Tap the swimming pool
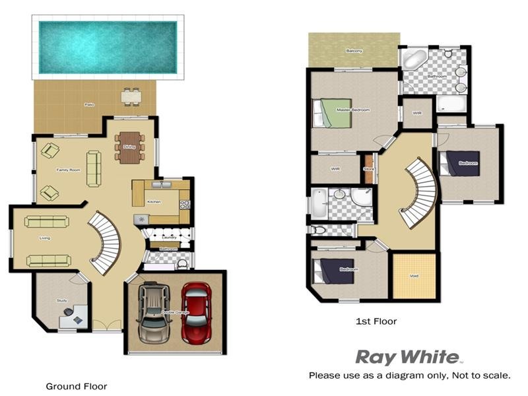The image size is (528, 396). tap(108, 47)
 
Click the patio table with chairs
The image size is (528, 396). tap(131, 96)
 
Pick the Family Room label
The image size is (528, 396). tap(68, 170)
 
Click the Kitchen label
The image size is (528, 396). tap(153, 201)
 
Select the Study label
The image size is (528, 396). tap(62, 300)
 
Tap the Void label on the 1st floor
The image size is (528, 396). tap(414, 276)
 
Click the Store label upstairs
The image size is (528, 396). tap(369, 170)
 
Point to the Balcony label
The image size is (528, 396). tap(354, 51)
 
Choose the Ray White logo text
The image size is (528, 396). tap(407, 358)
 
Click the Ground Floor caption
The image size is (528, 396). tap(76, 386)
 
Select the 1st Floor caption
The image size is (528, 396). tap(376, 321)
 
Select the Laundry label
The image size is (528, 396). tap(168, 237)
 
